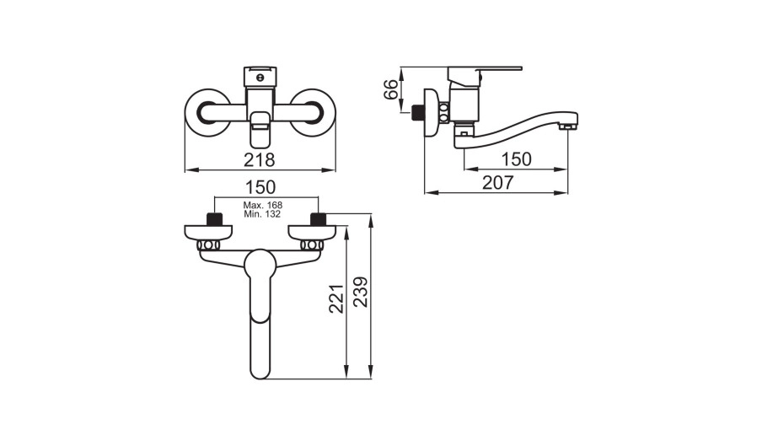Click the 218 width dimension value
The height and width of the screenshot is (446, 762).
260,159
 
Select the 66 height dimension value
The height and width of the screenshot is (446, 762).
391,89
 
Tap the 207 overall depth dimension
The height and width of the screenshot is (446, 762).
497,183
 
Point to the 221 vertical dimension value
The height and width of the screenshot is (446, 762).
337,298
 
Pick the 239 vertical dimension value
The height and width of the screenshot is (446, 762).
361,292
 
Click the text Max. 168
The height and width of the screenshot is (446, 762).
263,206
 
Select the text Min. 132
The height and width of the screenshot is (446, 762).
262,214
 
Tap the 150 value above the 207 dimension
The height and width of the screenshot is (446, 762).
517,159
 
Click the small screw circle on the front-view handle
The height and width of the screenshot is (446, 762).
260,77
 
